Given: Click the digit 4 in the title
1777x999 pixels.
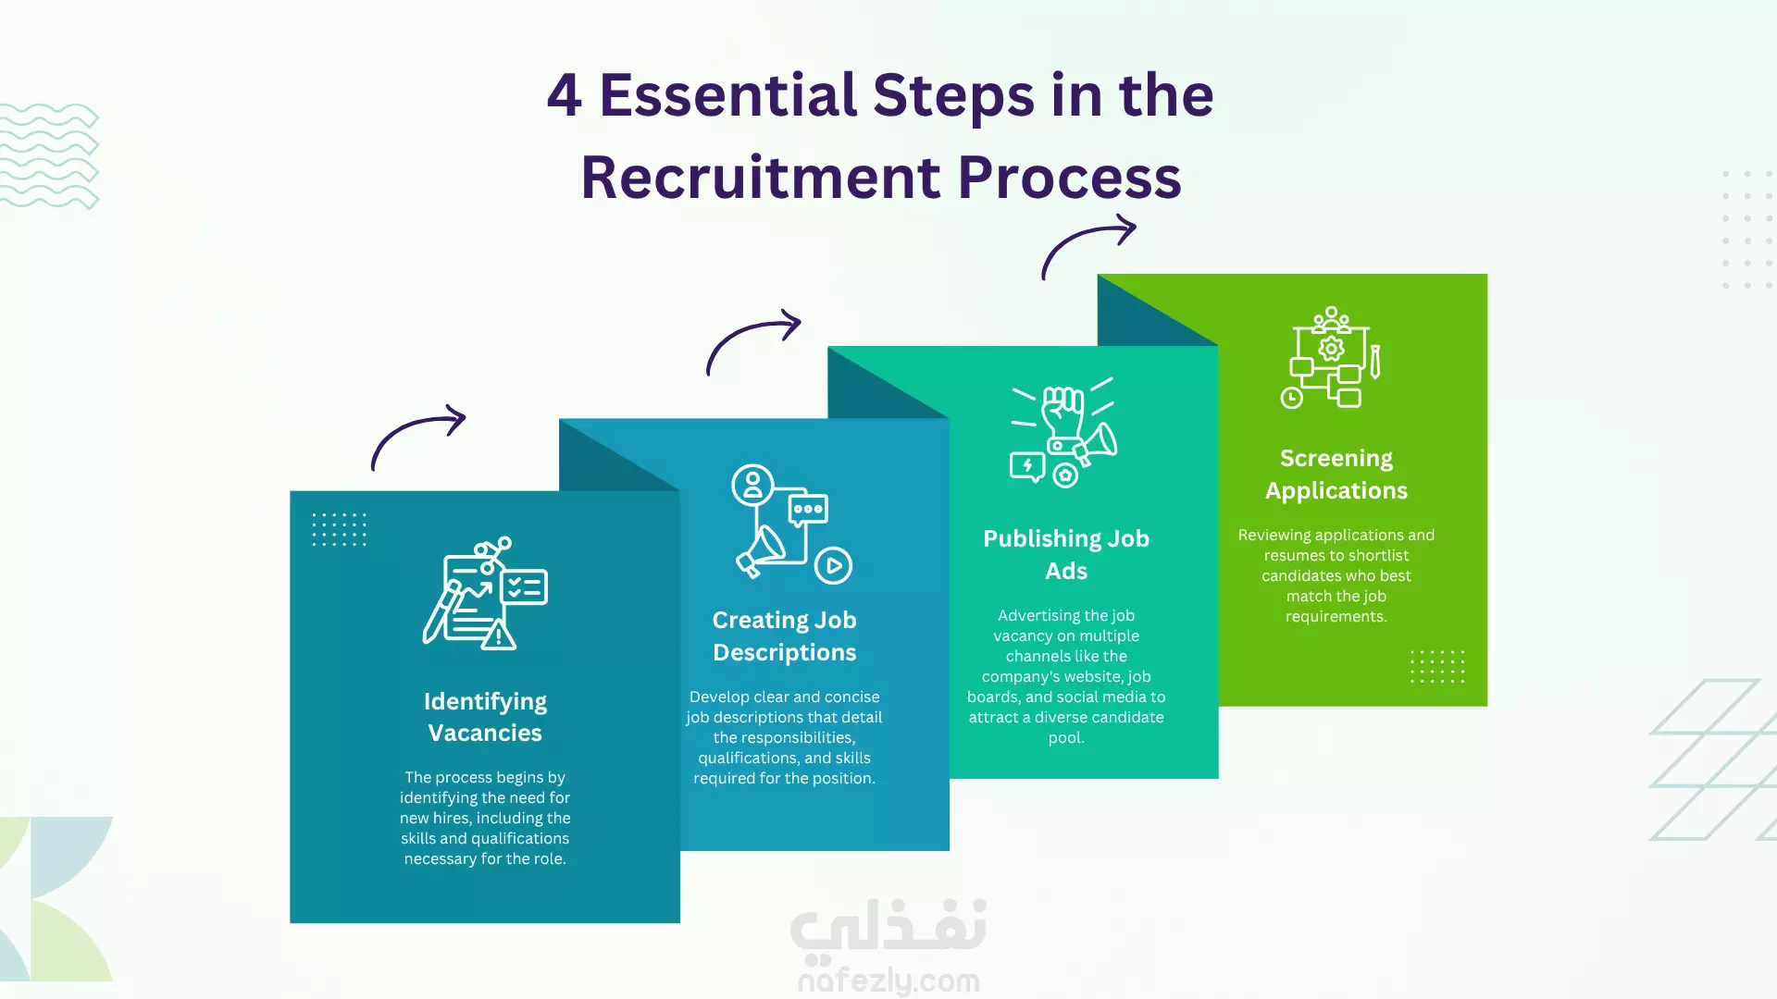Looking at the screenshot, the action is (565, 95).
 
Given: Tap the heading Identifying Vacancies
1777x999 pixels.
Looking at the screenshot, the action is (485, 717).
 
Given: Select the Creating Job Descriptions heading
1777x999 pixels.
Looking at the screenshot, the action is (784, 635).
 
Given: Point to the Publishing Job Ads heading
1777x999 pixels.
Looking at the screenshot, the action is (1066, 554).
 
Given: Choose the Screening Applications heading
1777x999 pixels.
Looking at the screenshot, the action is (1336, 474).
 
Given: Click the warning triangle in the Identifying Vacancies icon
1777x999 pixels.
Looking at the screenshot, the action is (499, 635).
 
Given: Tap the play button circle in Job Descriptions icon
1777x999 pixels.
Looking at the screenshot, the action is (833, 565).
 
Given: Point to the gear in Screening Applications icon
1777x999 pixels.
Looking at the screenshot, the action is (1331, 349).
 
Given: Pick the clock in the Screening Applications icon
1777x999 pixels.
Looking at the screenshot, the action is (1291, 398).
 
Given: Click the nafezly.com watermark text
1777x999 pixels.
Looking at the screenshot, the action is (888, 980).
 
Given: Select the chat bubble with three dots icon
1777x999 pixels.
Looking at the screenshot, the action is (808, 510).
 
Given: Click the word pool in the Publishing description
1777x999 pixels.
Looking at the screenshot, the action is (1066, 737).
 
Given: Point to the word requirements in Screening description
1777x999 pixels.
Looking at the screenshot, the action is (1336, 617).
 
